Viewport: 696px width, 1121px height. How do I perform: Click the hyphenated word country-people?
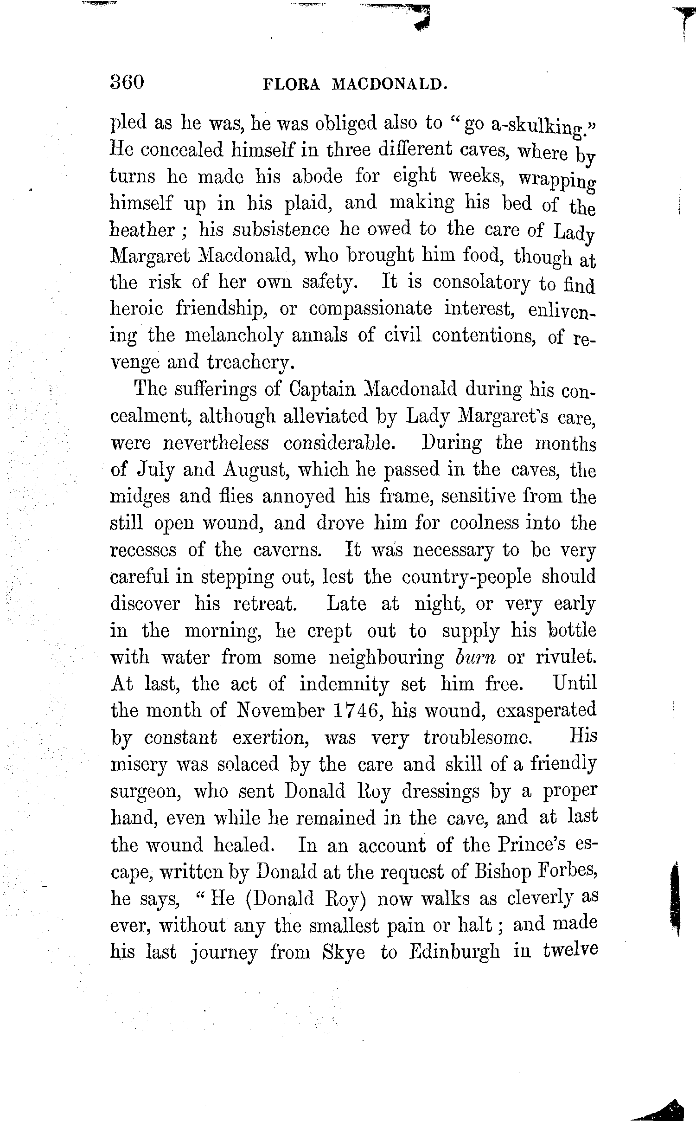(x=466, y=577)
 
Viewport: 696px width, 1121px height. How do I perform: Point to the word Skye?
(x=343, y=952)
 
